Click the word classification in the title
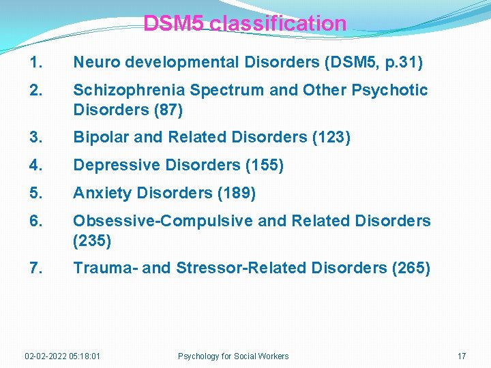pyautogui.click(x=278, y=24)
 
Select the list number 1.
pyautogui.click(x=35, y=63)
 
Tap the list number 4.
pyautogui.click(x=36, y=165)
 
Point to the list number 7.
pyautogui.click(x=36, y=268)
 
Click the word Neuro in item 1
pyautogui.click(x=95, y=63)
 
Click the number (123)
pyautogui.click(x=331, y=137)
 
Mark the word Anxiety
pyautogui.click(x=102, y=193)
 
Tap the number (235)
pyautogui.click(x=92, y=240)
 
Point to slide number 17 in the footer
pyautogui.click(x=462, y=356)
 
